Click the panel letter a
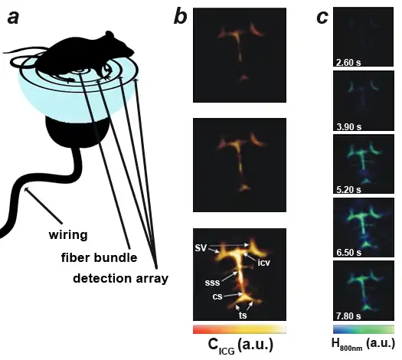[x=13, y=18]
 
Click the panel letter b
[x=181, y=17]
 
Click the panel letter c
[x=322, y=18]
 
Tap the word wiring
[x=68, y=235]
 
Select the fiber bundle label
[x=100, y=257]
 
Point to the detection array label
[x=120, y=279]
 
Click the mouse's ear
[x=109, y=34]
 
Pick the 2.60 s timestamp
[x=348, y=63]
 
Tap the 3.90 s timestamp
[x=348, y=126]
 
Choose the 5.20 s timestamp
[x=348, y=189]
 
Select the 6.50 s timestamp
[x=349, y=253]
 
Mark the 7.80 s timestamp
[x=348, y=316]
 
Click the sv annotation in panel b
[x=201, y=247]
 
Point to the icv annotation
[x=264, y=263]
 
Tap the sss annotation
[x=212, y=283]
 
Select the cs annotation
[x=217, y=296]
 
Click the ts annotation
[x=243, y=315]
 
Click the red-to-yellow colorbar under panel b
[x=240, y=329]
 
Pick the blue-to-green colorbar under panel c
[x=364, y=329]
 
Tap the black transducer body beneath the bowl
[x=77, y=132]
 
